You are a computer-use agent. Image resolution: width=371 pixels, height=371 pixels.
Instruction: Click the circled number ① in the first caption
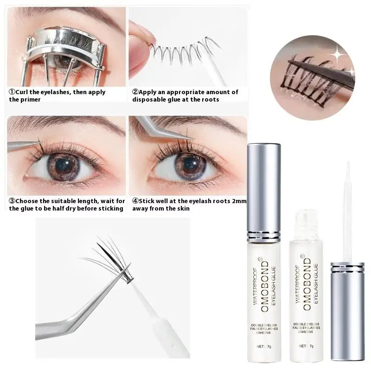12,92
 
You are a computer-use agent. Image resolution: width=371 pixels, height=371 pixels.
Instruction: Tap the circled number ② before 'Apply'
135,92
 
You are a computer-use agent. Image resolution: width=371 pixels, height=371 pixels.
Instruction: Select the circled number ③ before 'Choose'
12,201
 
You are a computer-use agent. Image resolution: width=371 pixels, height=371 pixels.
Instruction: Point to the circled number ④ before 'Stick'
135,201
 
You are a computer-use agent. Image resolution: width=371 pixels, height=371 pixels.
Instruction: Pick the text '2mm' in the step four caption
239,201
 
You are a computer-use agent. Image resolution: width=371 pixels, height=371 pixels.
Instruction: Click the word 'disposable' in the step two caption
150,100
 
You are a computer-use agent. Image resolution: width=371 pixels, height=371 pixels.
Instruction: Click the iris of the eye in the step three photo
68,165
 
